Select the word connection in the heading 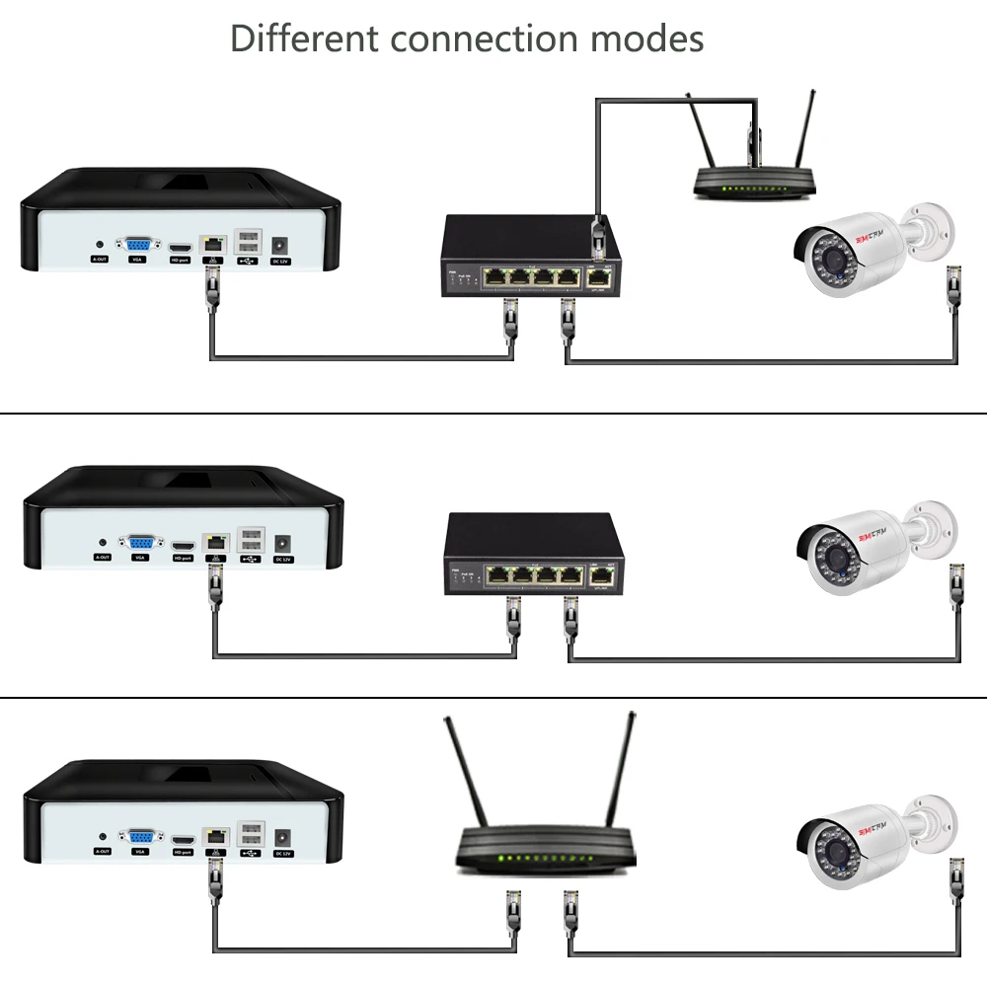[x=483, y=39]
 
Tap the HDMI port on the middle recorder [x=183, y=546]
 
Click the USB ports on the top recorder [x=248, y=243]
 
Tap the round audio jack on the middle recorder [x=103, y=542]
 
